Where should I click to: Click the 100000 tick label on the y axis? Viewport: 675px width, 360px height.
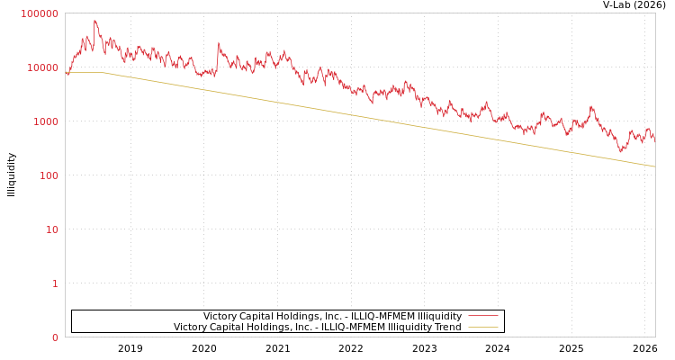coord(40,13)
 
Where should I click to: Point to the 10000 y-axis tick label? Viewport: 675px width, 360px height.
coord(42,67)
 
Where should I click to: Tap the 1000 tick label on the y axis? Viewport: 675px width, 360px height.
coord(45,121)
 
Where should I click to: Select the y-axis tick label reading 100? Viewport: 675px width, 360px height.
coord(48,175)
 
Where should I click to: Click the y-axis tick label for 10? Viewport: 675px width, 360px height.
coord(51,229)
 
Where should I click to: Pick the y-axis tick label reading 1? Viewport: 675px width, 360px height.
coord(54,283)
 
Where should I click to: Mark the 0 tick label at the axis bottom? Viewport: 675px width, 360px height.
coord(54,337)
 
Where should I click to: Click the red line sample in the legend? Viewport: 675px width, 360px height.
coord(483,316)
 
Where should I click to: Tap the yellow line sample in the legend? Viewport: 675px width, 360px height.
coord(483,327)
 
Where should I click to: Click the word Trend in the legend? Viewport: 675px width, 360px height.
coord(446,327)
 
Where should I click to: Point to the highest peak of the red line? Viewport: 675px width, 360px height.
coord(94,20)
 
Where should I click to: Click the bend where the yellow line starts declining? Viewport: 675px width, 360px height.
coord(104,73)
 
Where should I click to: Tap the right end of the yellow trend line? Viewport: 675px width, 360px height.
coord(654,166)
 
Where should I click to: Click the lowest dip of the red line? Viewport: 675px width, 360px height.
coord(620,151)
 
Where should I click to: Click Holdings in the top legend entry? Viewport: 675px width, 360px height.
coord(294,316)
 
